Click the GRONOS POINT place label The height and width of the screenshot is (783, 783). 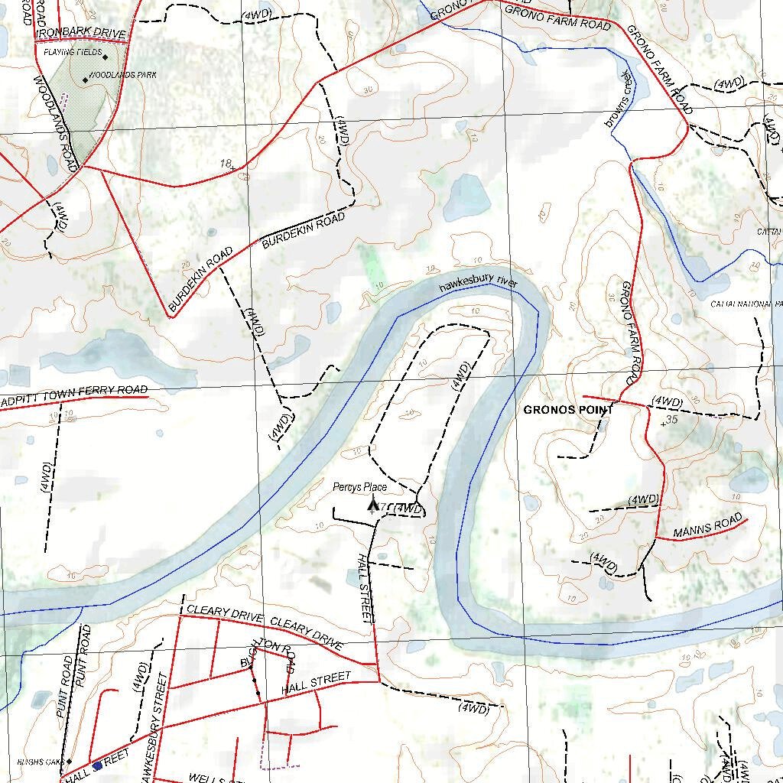click(x=568, y=410)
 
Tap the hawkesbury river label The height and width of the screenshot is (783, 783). click(x=478, y=284)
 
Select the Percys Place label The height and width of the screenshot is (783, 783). click(x=359, y=487)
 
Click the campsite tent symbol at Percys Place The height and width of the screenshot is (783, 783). click(x=373, y=504)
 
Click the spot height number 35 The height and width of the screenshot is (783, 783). click(x=672, y=419)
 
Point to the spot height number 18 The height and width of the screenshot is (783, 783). click(x=225, y=163)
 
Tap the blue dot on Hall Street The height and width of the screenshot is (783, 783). click(x=97, y=765)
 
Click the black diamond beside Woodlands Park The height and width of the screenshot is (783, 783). click(x=85, y=80)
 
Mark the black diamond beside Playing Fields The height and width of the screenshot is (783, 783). click(x=105, y=57)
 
